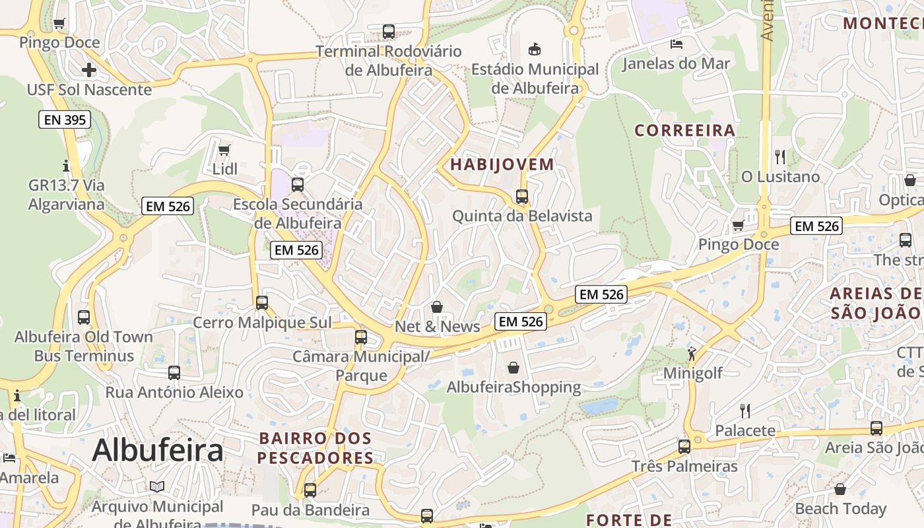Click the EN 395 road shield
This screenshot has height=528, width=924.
click(x=64, y=119)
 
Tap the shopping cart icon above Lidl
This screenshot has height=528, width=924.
click(x=224, y=150)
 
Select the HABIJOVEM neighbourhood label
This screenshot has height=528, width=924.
click(x=502, y=164)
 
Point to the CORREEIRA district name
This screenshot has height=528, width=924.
click(x=685, y=130)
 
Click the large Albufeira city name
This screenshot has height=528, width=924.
click(x=158, y=451)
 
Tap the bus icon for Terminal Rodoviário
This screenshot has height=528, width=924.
click(x=389, y=32)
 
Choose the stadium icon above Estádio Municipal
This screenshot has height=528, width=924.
click(x=535, y=49)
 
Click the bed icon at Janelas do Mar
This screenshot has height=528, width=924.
click(x=676, y=44)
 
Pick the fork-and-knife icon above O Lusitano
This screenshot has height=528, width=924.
click(x=780, y=157)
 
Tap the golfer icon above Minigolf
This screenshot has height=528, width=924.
click(x=692, y=354)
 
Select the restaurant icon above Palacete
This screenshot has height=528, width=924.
click(x=745, y=411)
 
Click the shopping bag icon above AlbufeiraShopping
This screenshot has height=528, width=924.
click(x=513, y=368)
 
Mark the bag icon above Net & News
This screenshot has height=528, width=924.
click(x=437, y=307)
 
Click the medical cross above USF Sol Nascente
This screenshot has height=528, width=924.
click(x=89, y=70)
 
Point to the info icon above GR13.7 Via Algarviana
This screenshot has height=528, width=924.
click(x=66, y=166)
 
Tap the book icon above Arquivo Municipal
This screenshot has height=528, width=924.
click(x=156, y=487)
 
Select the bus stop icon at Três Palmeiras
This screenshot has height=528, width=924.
click(x=684, y=447)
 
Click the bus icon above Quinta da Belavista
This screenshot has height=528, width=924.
click(x=522, y=197)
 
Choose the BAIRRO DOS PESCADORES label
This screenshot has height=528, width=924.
click(x=315, y=448)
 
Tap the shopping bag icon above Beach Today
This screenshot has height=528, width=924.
click(x=840, y=489)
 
